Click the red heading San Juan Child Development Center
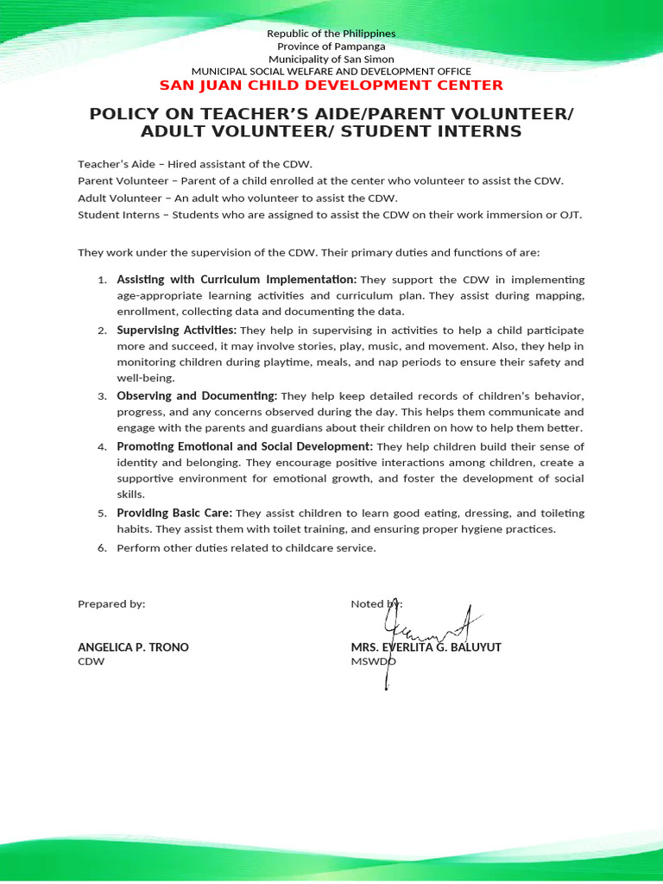click(331, 85)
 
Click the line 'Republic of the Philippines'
click(331, 34)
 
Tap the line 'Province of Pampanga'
click(331, 46)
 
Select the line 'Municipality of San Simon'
click(331, 58)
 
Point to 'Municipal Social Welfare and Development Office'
click(331, 71)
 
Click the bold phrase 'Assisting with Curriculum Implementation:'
click(237, 280)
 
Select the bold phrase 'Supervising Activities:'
click(176, 330)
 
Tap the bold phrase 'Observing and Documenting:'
click(197, 395)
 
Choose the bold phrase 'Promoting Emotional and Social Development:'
click(245, 446)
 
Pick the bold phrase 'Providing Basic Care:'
click(175, 513)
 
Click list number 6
click(101, 548)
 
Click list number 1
click(101, 281)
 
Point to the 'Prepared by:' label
click(111, 604)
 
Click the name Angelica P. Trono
click(133, 647)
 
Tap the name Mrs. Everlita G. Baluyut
click(426, 647)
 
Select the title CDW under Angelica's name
click(91, 661)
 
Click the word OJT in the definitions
click(571, 215)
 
